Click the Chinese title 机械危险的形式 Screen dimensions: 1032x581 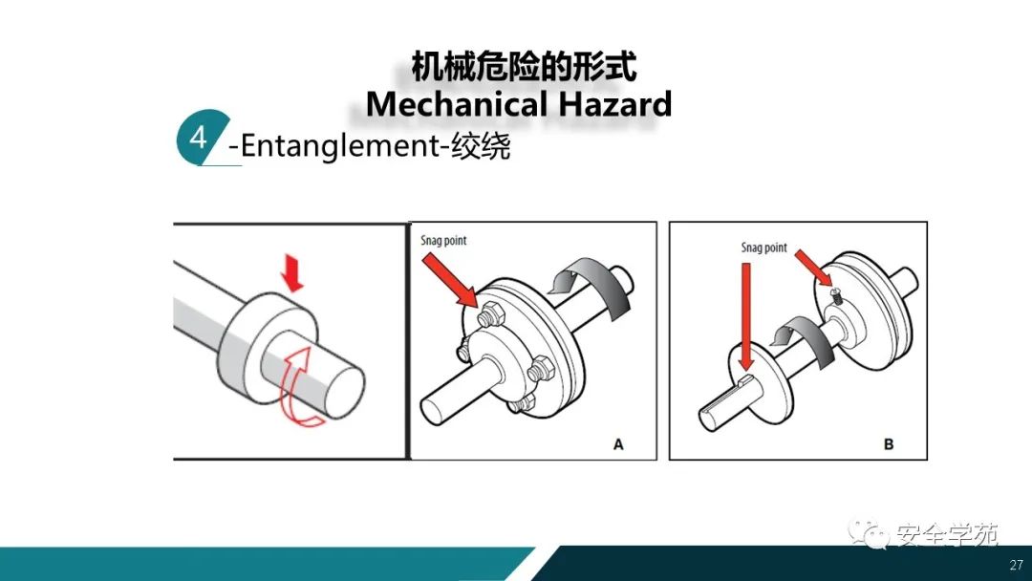524,67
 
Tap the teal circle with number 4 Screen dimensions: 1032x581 201,138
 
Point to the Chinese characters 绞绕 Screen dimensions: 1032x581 481,145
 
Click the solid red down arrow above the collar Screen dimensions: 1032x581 293,273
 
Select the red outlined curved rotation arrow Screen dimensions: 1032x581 298,388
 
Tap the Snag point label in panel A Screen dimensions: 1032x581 443,241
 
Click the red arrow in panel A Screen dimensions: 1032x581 451,280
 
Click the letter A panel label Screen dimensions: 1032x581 618,444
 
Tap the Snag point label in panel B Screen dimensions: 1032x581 764,248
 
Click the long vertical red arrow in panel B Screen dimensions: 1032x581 745,317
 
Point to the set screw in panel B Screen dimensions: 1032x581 836,295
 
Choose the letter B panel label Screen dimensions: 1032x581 889,444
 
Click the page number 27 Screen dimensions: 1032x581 1016,565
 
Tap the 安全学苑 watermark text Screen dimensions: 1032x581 947,535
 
